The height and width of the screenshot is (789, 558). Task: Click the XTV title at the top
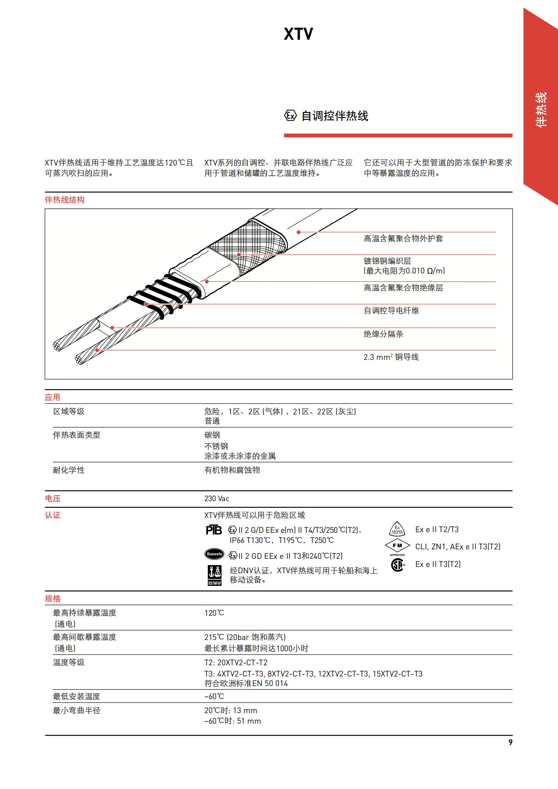pyautogui.click(x=298, y=34)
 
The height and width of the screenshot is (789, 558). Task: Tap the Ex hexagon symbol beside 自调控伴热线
pyautogui.click(x=290, y=116)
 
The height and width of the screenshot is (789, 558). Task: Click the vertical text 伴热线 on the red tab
pyautogui.click(x=541, y=109)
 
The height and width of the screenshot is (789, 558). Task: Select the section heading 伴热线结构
pyautogui.click(x=64, y=200)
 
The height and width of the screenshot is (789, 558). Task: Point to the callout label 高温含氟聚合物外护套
pyautogui.click(x=403, y=239)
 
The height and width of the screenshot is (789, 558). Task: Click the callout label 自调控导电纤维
pyautogui.click(x=391, y=311)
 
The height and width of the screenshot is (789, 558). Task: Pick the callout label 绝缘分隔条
pyautogui.click(x=383, y=334)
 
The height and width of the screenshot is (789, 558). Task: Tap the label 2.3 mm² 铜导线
pyautogui.click(x=391, y=357)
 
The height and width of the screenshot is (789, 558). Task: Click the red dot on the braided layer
pyautogui.click(x=239, y=254)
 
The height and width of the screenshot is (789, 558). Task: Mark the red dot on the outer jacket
pyautogui.click(x=299, y=232)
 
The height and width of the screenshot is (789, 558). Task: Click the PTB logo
pyautogui.click(x=214, y=530)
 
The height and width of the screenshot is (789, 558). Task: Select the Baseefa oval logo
pyautogui.click(x=214, y=554)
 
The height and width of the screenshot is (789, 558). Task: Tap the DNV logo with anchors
pyautogui.click(x=214, y=576)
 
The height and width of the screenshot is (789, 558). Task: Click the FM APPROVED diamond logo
pyautogui.click(x=397, y=546)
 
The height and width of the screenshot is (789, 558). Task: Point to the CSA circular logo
pyautogui.click(x=397, y=564)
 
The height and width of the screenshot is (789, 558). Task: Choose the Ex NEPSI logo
pyautogui.click(x=397, y=529)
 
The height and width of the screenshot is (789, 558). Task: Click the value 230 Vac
pyautogui.click(x=217, y=499)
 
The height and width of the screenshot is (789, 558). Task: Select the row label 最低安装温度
pyautogui.click(x=76, y=697)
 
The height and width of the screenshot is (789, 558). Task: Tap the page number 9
pyautogui.click(x=511, y=742)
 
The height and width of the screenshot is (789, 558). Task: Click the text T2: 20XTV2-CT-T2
pyautogui.click(x=236, y=663)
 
